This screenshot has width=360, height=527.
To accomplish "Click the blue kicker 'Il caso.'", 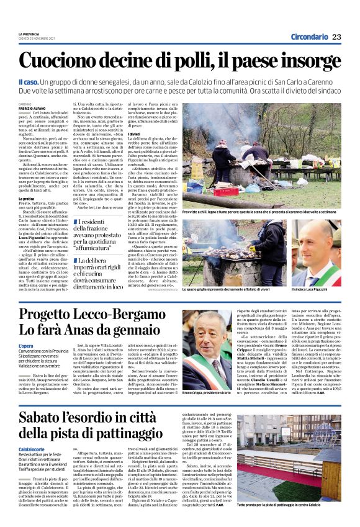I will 29,82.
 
